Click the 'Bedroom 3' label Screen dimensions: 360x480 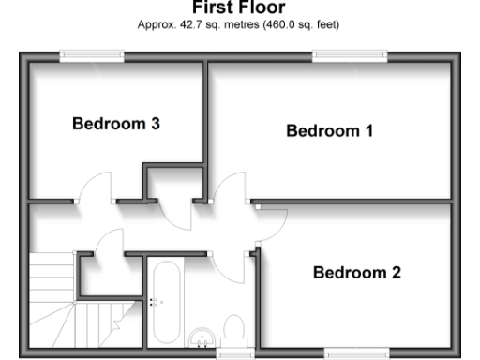116,123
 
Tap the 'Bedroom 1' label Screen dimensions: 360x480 329,131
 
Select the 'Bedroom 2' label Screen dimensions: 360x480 356,273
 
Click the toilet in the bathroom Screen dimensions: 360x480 234,332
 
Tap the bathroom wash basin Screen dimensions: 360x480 202,338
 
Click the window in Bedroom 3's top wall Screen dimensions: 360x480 92,56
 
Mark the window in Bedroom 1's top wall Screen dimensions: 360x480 349,56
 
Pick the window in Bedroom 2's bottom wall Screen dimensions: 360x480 351,353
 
